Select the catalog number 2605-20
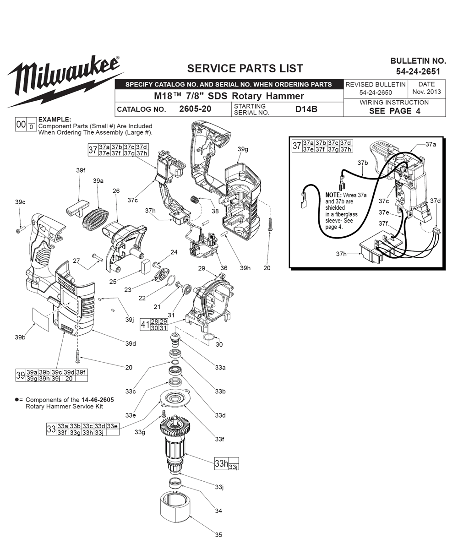click(x=195, y=109)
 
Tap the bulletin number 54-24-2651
click(x=418, y=71)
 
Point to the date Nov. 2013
click(x=426, y=92)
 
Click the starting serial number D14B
click(x=306, y=109)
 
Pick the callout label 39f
click(x=81, y=170)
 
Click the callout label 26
click(x=116, y=190)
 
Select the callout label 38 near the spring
click(x=215, y=211)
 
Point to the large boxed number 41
click(x=145, y=325)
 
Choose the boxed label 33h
click(x=221, y=463)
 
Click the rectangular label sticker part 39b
click(x=41, y=320)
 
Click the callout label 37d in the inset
click(x=435, y=201)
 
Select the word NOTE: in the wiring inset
click(x=333, y=195)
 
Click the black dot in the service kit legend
click(x=17, y=400)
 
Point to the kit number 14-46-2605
click(x=98, y=400)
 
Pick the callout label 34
click(x=218, y=511)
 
